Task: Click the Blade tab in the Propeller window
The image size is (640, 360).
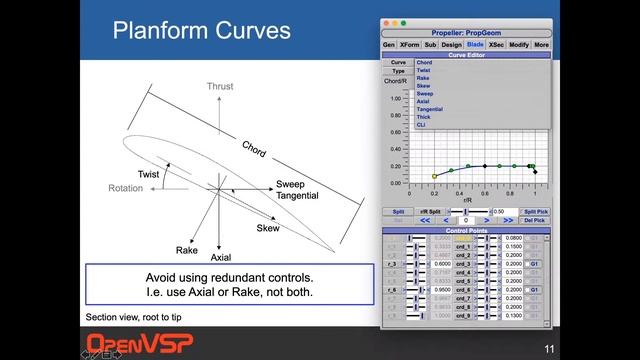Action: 476,45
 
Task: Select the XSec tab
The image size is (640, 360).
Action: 496,45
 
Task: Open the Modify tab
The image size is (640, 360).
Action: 519,45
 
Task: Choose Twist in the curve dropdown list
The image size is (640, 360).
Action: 423,70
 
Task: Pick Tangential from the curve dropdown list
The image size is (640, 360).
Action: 430,109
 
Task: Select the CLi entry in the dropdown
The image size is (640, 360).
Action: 422,125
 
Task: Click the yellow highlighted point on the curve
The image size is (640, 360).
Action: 434,176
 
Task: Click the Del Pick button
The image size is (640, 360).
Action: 536,220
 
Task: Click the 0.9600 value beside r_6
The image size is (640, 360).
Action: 412,289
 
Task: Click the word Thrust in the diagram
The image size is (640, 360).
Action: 220,87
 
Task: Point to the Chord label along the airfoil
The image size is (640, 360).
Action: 254,148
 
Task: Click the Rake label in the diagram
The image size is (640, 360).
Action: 187,249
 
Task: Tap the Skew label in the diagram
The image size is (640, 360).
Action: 268,228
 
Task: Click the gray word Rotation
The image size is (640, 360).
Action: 126,188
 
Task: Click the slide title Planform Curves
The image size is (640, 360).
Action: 201,30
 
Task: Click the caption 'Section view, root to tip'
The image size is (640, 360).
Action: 133,317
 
